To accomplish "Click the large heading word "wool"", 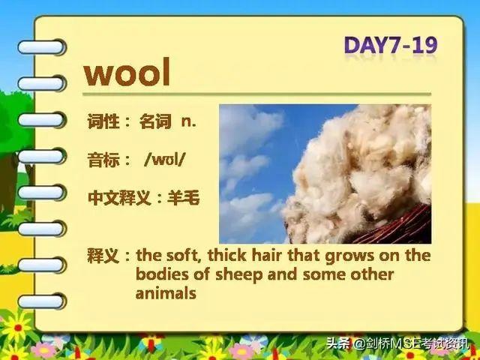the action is (127, 72).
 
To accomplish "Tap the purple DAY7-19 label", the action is (391, 45).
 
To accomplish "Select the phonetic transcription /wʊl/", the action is (165, 159).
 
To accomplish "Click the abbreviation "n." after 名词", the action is (188, 121).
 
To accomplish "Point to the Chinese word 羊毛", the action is (184, 197).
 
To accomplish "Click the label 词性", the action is (103, 121).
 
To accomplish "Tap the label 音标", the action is (103, 160).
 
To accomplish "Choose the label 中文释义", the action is (119, 198).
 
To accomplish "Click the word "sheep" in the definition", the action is (239, 274).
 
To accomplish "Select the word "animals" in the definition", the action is (166, 293).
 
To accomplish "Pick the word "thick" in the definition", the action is (226, 255).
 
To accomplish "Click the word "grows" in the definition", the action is (349, 256).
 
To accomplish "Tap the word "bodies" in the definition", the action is (162, 274).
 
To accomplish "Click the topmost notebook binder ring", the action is (42, 47).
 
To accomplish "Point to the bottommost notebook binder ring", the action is (42, 301).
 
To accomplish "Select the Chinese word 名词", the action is (155, 121).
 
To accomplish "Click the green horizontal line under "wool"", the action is (256, 94).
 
